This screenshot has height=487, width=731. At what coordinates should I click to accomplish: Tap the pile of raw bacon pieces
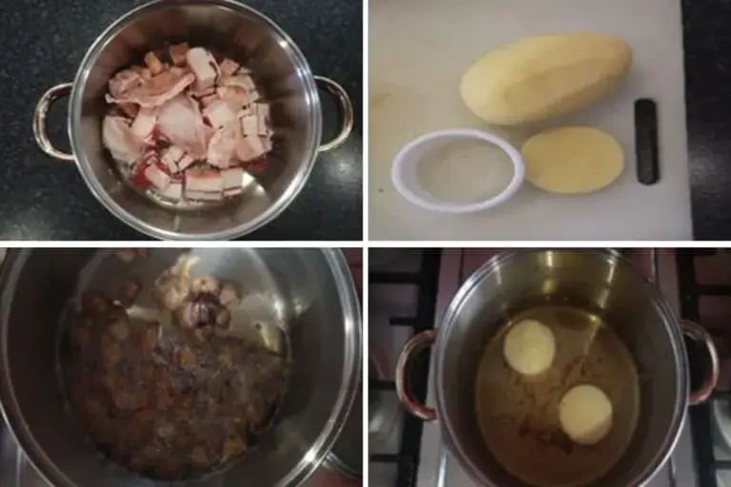click(x=190, y=124)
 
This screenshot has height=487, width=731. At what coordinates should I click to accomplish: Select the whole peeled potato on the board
click(x=544, y=78)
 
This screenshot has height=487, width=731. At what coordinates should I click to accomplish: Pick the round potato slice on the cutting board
click(x=572, y=160)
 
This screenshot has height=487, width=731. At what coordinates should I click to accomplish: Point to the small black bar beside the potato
click(x=646, y=141)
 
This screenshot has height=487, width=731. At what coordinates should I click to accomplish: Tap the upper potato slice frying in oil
click(x=529, y=347)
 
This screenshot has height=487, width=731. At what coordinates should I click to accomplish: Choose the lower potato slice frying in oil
click(x=585, y=414)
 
